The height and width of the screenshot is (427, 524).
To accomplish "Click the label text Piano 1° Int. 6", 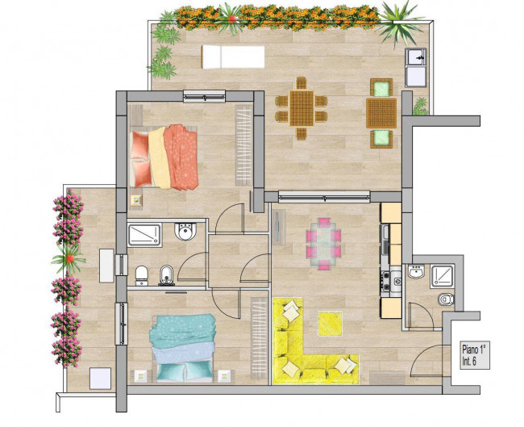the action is [475, 355].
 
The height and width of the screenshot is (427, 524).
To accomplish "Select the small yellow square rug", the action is [330, 323].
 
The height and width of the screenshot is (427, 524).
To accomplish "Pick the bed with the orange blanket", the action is [164, 157].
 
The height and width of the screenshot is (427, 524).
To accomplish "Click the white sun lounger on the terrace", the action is [233, 57].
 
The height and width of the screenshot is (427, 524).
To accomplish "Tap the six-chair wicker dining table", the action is [302, 108].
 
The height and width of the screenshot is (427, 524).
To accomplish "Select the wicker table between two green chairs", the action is [381, 113].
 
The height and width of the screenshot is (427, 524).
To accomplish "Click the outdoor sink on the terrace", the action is [415, 68].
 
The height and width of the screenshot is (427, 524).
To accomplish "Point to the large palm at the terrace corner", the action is [399, 23].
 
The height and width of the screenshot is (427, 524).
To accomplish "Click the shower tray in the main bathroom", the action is [144, 235].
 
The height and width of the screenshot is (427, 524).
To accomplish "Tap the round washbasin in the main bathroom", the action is [185, 231].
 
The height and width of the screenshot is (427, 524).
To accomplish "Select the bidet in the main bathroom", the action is [167, 275].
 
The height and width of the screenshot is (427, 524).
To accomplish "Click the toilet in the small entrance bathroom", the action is [446, 299].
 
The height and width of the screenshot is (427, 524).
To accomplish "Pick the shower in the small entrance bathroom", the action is [442, 276].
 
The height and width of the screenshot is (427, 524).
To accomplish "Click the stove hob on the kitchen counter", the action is [385, 281].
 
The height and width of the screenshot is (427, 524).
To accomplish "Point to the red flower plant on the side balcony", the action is [69, 258].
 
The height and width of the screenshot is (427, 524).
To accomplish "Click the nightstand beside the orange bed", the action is [137, 200].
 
